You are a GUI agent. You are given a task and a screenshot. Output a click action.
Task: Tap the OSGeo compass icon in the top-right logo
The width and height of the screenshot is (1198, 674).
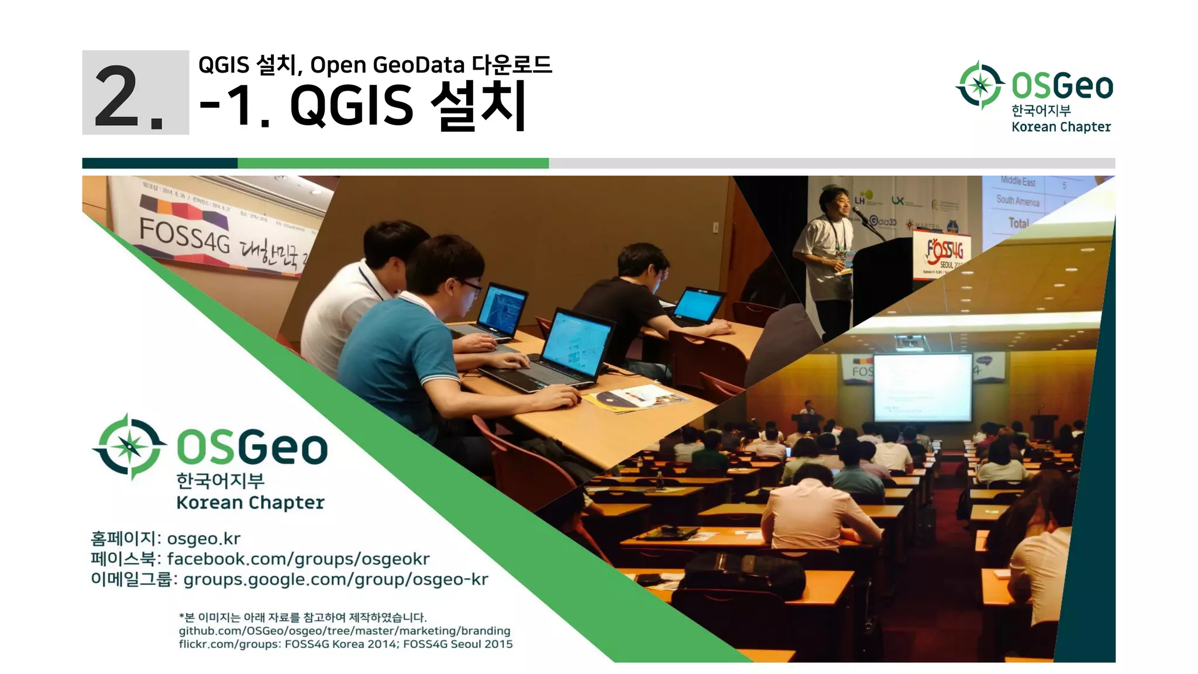click(980, 85)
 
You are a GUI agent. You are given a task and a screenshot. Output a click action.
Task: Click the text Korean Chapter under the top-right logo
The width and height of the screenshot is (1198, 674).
click(1061, 127)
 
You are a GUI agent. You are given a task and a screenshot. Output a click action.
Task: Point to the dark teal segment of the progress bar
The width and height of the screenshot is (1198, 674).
click(160, 163)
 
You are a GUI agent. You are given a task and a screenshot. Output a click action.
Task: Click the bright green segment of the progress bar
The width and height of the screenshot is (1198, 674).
click(393, 163)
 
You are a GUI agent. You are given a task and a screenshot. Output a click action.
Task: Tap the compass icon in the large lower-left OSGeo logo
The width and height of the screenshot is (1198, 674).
click(129, 447)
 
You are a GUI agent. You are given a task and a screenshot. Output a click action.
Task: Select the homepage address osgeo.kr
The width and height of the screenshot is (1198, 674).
click(204, 538)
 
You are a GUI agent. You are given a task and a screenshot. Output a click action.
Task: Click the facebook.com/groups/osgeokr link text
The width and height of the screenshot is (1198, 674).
click(298, 559)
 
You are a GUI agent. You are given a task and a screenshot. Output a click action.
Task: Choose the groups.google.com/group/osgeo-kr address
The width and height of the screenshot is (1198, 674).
click(336, 579)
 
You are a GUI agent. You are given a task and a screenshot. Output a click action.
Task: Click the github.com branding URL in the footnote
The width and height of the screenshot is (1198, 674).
click(345, 631)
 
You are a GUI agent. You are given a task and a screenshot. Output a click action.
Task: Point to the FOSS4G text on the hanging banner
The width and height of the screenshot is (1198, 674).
click(184, 235)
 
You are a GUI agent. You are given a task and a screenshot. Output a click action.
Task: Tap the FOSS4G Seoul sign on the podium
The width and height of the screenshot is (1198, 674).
click(942, 253)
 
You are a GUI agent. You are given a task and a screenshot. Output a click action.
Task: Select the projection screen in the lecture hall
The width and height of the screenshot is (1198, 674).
click(922, 387)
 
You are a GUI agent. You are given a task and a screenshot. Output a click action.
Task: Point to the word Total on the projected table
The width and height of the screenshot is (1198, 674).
click(1018, 223)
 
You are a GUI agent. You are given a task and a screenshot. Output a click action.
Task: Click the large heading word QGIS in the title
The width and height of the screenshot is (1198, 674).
click(352, 105)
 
